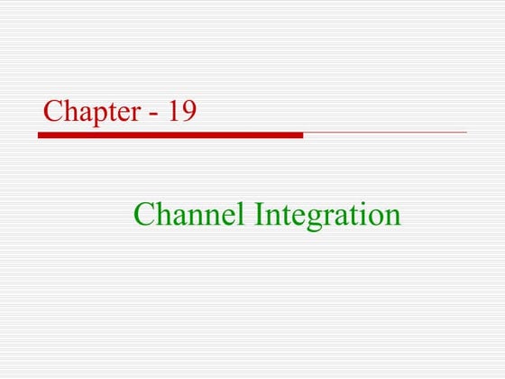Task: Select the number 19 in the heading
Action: click(180, 111)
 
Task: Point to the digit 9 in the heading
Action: click(188, 111)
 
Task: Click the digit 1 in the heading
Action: click(172, 111)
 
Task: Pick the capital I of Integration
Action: click(261, 215)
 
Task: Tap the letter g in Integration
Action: click(313, 219)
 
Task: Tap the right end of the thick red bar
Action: click(301, 134)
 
